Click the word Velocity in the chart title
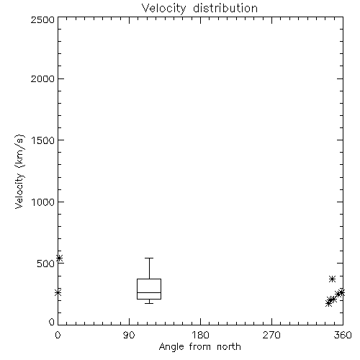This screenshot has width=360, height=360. coord(163,9)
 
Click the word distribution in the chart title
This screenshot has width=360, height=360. coord(225,8)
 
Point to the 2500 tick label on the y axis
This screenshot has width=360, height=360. coord(43,19)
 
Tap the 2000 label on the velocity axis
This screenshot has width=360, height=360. coord(43,78)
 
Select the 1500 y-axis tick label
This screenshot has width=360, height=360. coord(43,140)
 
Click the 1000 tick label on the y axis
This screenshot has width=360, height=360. coord(43,202)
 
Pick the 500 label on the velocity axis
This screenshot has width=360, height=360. coord(46,264)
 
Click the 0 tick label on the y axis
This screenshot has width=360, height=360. coord(52,322)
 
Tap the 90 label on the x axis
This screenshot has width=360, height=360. coord(129,335)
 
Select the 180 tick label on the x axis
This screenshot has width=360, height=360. coord(200,335)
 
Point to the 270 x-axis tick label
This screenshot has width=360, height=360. coord(271,335)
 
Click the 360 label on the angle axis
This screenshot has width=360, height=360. coord(343,335)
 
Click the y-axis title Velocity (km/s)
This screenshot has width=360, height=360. coord(19,172)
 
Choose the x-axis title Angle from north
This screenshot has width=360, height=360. coord(200,347)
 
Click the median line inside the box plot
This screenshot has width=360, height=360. coord(149,292)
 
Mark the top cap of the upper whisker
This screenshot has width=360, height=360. coord(149,258)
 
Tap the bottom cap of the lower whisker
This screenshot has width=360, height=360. coord(149,303)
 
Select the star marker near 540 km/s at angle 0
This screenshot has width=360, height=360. coord(59,258)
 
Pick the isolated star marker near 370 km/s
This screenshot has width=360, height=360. coord(332,279)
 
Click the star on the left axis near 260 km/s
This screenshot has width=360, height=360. coord(58,292)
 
